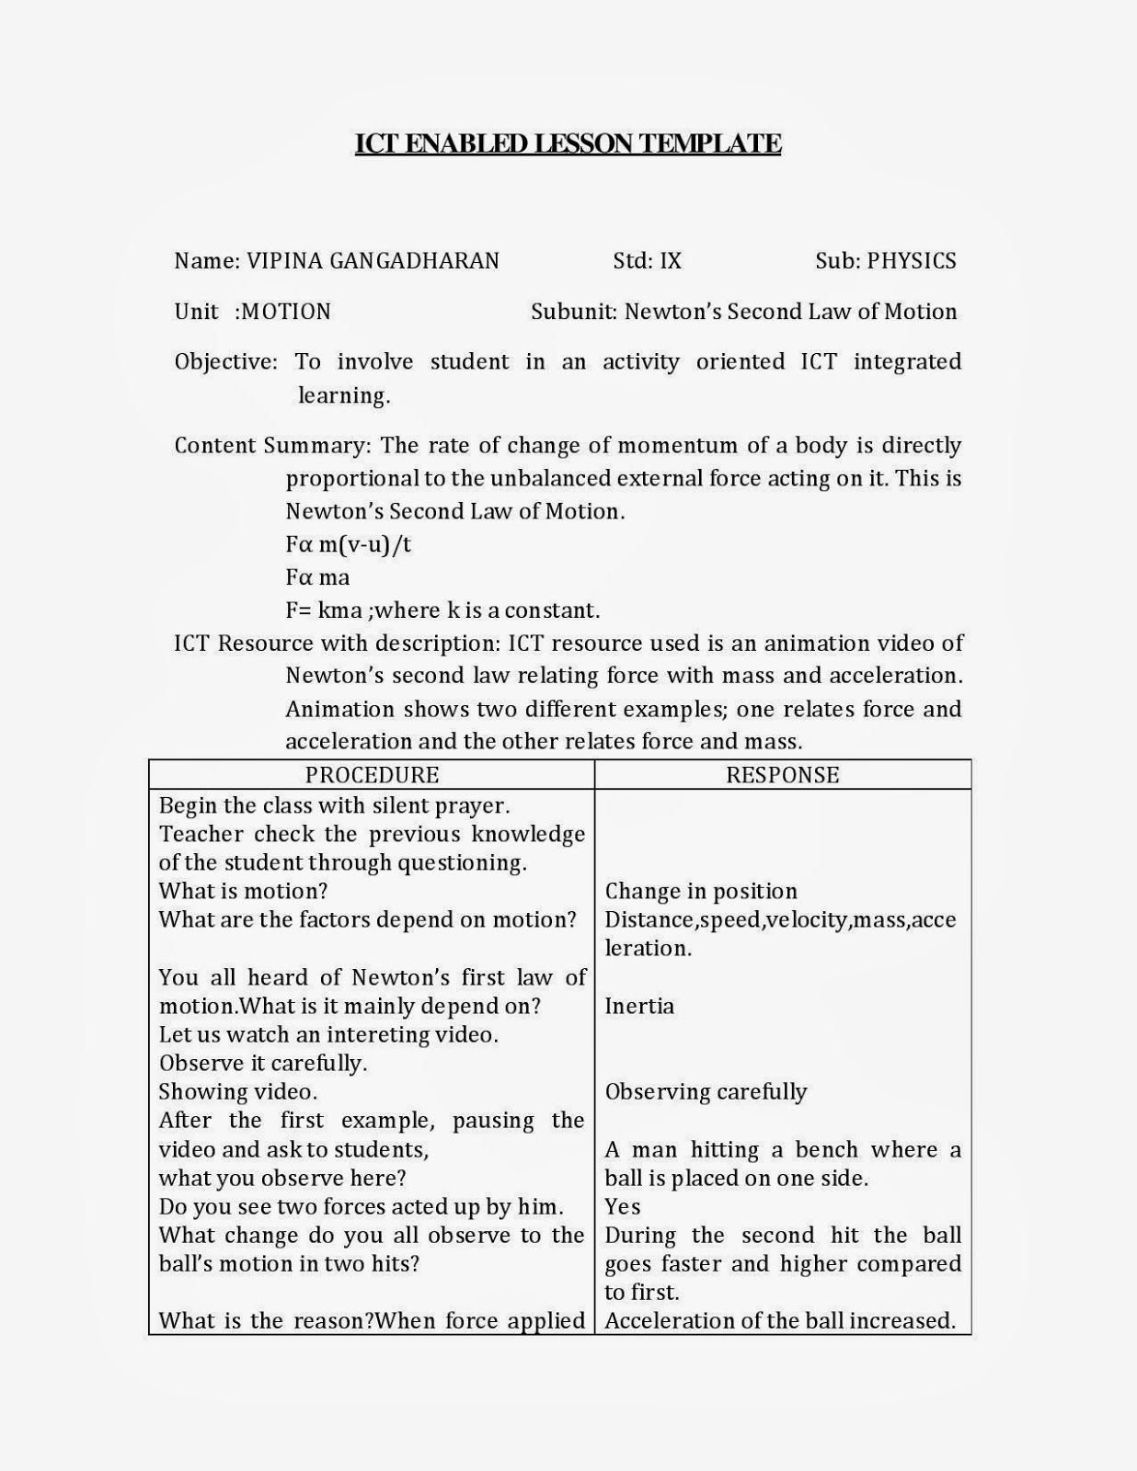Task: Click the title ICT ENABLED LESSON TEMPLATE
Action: point(568,143)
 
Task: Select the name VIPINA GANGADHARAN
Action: point(373,261)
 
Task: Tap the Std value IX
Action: point(671,261)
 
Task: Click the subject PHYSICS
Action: point(912,261)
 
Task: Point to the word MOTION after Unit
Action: point(286,312)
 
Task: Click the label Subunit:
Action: point(574,312)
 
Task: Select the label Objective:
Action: point(225,361)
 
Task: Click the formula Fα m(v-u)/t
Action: point(348,544)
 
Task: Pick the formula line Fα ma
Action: point(317,577)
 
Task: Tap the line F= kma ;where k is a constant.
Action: point(442,610)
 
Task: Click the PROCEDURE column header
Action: point(372,775)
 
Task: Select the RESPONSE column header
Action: point(782,775)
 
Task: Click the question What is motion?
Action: point(243,891)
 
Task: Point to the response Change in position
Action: point(701,891)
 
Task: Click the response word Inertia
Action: point(639,1006)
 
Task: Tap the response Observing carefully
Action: point(706,1091)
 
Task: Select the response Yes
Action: point(623,1206)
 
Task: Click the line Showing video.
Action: point(237,1091)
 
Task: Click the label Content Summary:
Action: point(272,445)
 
